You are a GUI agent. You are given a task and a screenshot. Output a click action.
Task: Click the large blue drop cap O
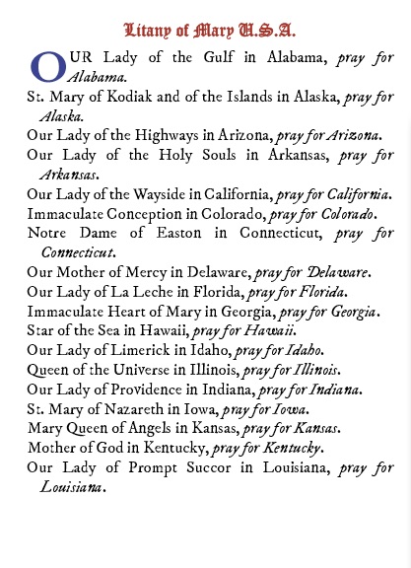coord(47,67)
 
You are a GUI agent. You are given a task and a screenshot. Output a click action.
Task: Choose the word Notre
coord(48,232)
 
